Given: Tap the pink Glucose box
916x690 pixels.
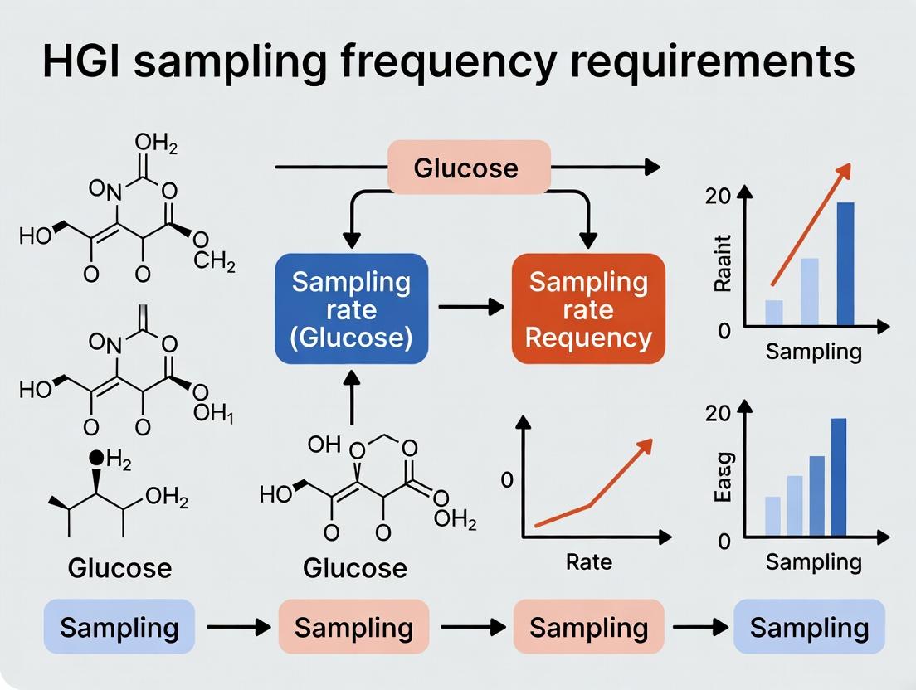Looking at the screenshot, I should click(470, 168).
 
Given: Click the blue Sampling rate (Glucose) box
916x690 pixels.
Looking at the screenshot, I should click(352, 309).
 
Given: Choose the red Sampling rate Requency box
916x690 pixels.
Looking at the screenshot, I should click(588, 309).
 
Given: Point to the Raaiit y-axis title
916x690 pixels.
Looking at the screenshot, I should click(722, 263).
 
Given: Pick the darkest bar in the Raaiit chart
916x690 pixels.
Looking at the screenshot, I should click(845, 263).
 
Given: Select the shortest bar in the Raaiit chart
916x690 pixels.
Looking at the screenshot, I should click(773, 312).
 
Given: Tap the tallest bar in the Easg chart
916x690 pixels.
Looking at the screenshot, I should click(839, 477).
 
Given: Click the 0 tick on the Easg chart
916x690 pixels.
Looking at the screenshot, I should click(724, 541).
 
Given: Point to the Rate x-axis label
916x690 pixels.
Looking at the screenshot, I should click(589, 561).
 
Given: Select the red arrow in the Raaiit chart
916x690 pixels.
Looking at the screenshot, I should click(811, 224).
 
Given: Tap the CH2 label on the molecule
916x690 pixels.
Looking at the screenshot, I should click(215, 265).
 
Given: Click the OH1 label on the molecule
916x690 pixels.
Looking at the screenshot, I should click(213, 414).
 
